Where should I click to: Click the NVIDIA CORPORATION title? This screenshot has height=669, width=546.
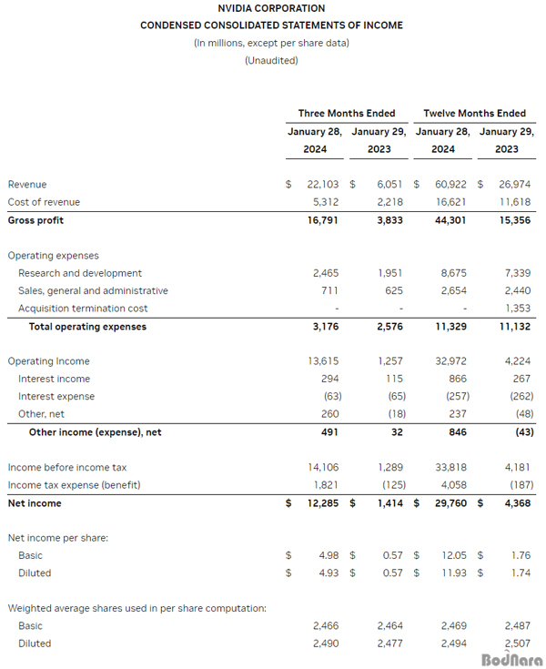click(x=271, y=8)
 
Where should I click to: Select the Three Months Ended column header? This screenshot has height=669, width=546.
click(x=347, y=113)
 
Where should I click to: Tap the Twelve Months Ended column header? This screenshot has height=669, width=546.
click(x=474, y=113)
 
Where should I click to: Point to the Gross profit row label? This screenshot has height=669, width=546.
click(x=35, y=220)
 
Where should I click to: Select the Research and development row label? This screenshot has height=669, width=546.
click(x=80, y=273)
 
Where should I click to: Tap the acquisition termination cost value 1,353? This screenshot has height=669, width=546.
click(x=515, y=309)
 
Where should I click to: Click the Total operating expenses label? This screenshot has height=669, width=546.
click(x=87, y=327)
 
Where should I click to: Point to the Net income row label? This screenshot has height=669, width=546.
click(x=35, y=502)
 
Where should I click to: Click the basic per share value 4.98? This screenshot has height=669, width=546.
click(x=326, y=555)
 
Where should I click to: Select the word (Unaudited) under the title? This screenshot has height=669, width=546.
click(x=271, y=61)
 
